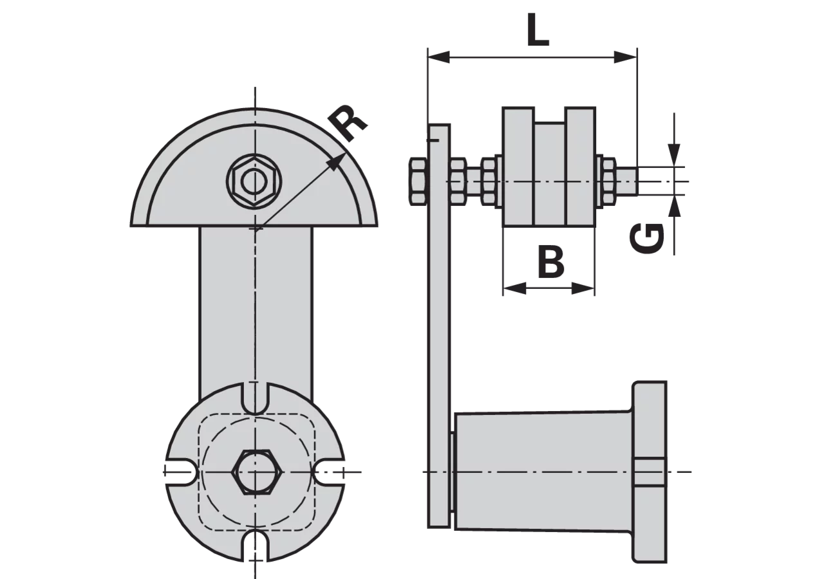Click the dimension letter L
point(537,30)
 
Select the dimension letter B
point(550,262)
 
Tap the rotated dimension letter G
point(647,238)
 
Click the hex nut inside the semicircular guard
point(254,181)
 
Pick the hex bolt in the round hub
point(257,472)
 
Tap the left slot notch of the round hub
point(181,472)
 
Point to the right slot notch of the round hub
point(329,472)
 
